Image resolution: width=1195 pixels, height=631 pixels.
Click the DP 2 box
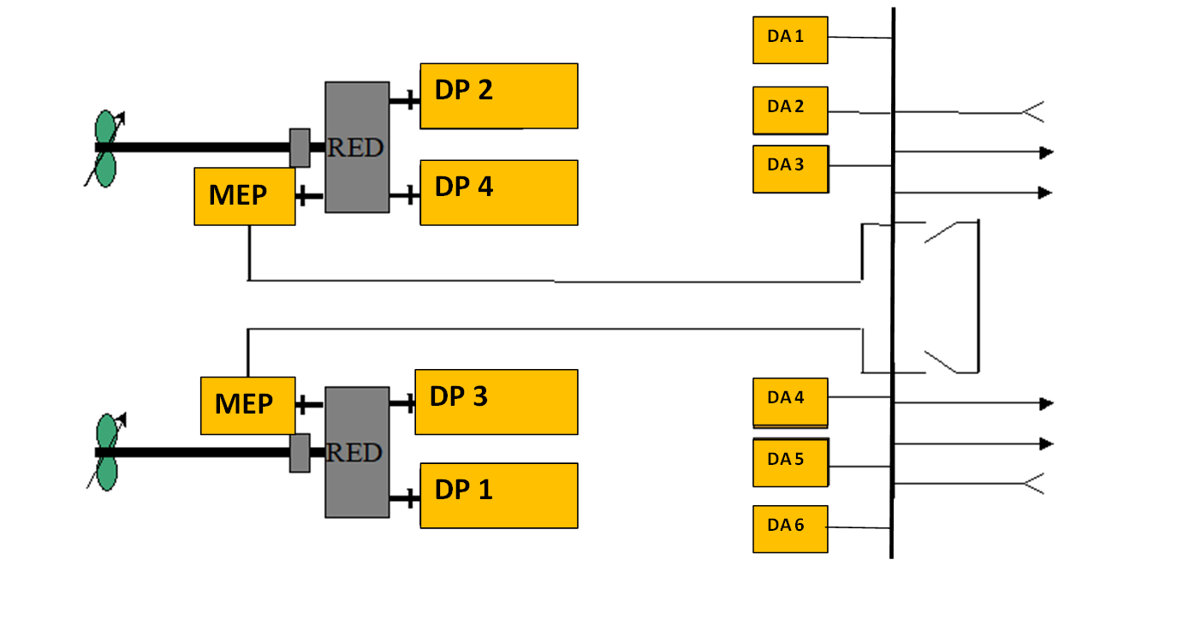[x=498, y=96]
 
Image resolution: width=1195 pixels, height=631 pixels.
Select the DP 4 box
[x=498, y=193]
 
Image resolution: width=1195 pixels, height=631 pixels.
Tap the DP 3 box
[x=496, y=402]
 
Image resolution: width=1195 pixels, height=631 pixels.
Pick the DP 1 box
[x=498, y=496]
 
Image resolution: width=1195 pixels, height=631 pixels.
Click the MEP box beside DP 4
[x=244, y=196]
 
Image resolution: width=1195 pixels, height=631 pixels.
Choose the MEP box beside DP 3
[x=247, y=405]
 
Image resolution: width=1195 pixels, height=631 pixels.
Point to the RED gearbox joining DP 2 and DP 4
[x=357, y=147]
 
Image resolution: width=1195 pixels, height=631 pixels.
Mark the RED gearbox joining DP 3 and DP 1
[x=357, y=452]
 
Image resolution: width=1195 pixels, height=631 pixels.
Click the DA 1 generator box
[x=790, y=40]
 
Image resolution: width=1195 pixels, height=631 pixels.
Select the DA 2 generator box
[x=790, y=110]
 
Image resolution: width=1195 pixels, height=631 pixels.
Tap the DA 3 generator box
[x=790, y=169]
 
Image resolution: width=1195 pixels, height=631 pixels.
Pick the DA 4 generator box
[x=790, y=402]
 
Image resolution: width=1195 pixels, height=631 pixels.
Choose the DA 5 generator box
[x=790, y=463]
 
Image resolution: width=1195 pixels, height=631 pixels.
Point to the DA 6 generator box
[x=790, y=529]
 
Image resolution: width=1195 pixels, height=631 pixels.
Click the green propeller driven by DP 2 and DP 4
[x=104, y=148]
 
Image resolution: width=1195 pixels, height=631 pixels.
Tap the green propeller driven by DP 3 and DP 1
[x=106, y=452]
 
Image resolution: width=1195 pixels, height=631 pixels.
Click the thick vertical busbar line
[x=893, y=283]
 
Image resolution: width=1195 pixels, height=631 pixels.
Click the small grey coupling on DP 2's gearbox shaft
[x=300, y=147]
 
